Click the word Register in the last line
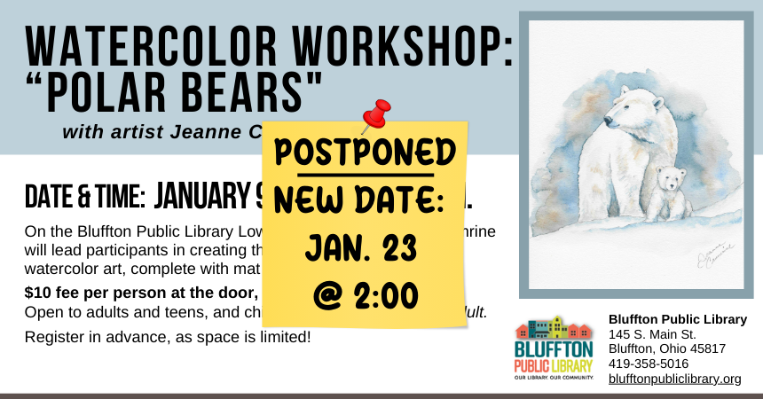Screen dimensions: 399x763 (54, 337)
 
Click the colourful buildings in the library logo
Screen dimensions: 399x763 (553, 328)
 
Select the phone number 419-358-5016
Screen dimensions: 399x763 (648, 364)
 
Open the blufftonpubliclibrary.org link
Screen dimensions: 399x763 (674, 379)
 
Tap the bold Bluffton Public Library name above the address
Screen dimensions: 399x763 (677, 318)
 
